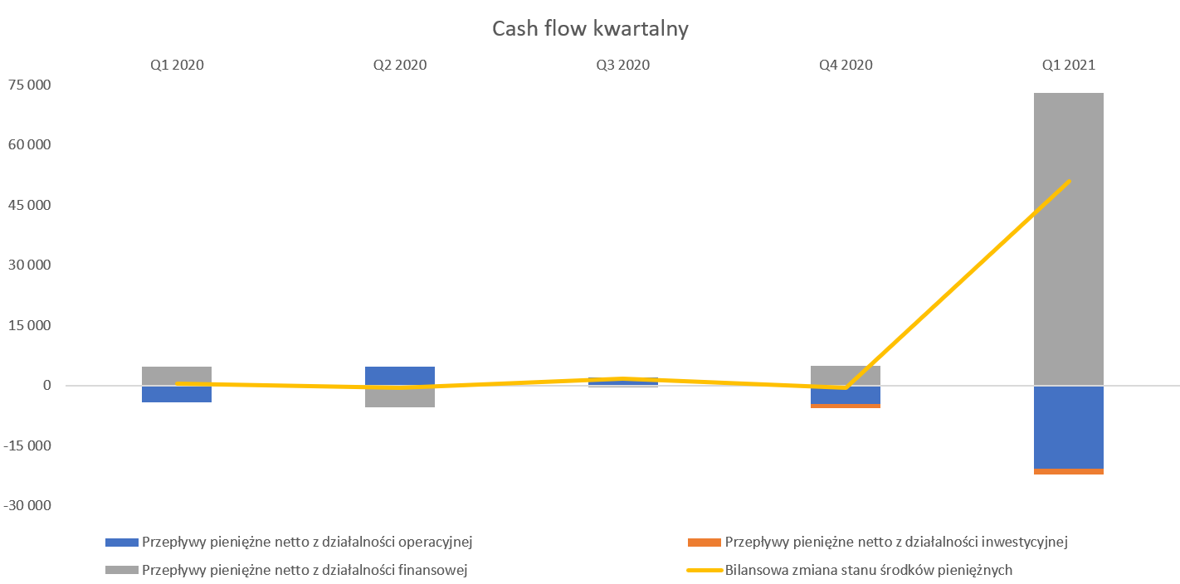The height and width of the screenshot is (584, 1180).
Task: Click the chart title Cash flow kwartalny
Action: [590, 29]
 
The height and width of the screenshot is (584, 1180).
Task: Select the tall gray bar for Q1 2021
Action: [1068, 239]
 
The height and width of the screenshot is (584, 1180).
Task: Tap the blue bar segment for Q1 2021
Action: [1068, 427]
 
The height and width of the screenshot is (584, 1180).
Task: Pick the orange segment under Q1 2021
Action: [1068, 471]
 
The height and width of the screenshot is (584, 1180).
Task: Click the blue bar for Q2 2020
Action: [400, 376]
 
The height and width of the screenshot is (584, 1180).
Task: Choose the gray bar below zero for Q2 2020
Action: [400, 397]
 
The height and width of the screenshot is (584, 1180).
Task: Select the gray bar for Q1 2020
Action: [177, 376]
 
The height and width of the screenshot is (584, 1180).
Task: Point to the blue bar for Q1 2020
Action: [177, 394]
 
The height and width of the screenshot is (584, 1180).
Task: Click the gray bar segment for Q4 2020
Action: [846, 376]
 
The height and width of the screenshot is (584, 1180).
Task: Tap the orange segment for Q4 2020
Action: [846, 406]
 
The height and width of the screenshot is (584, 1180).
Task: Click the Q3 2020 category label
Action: [622, 65]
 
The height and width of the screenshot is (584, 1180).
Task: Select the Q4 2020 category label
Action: [846, 65]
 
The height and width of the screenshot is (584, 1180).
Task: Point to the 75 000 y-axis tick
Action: [30, 85]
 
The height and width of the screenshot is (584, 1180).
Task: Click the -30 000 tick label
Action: [27, 505]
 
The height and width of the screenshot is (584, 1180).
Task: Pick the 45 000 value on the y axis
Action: [30, 205]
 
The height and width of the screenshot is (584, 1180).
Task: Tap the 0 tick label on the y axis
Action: [46, 386]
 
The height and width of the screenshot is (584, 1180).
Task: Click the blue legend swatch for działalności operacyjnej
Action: [122, 543]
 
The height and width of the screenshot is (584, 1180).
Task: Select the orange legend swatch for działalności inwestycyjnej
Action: [705, 543]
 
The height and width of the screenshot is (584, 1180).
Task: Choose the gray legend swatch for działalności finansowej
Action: [122, 570]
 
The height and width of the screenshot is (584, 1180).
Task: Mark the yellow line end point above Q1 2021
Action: [1069, 182]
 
